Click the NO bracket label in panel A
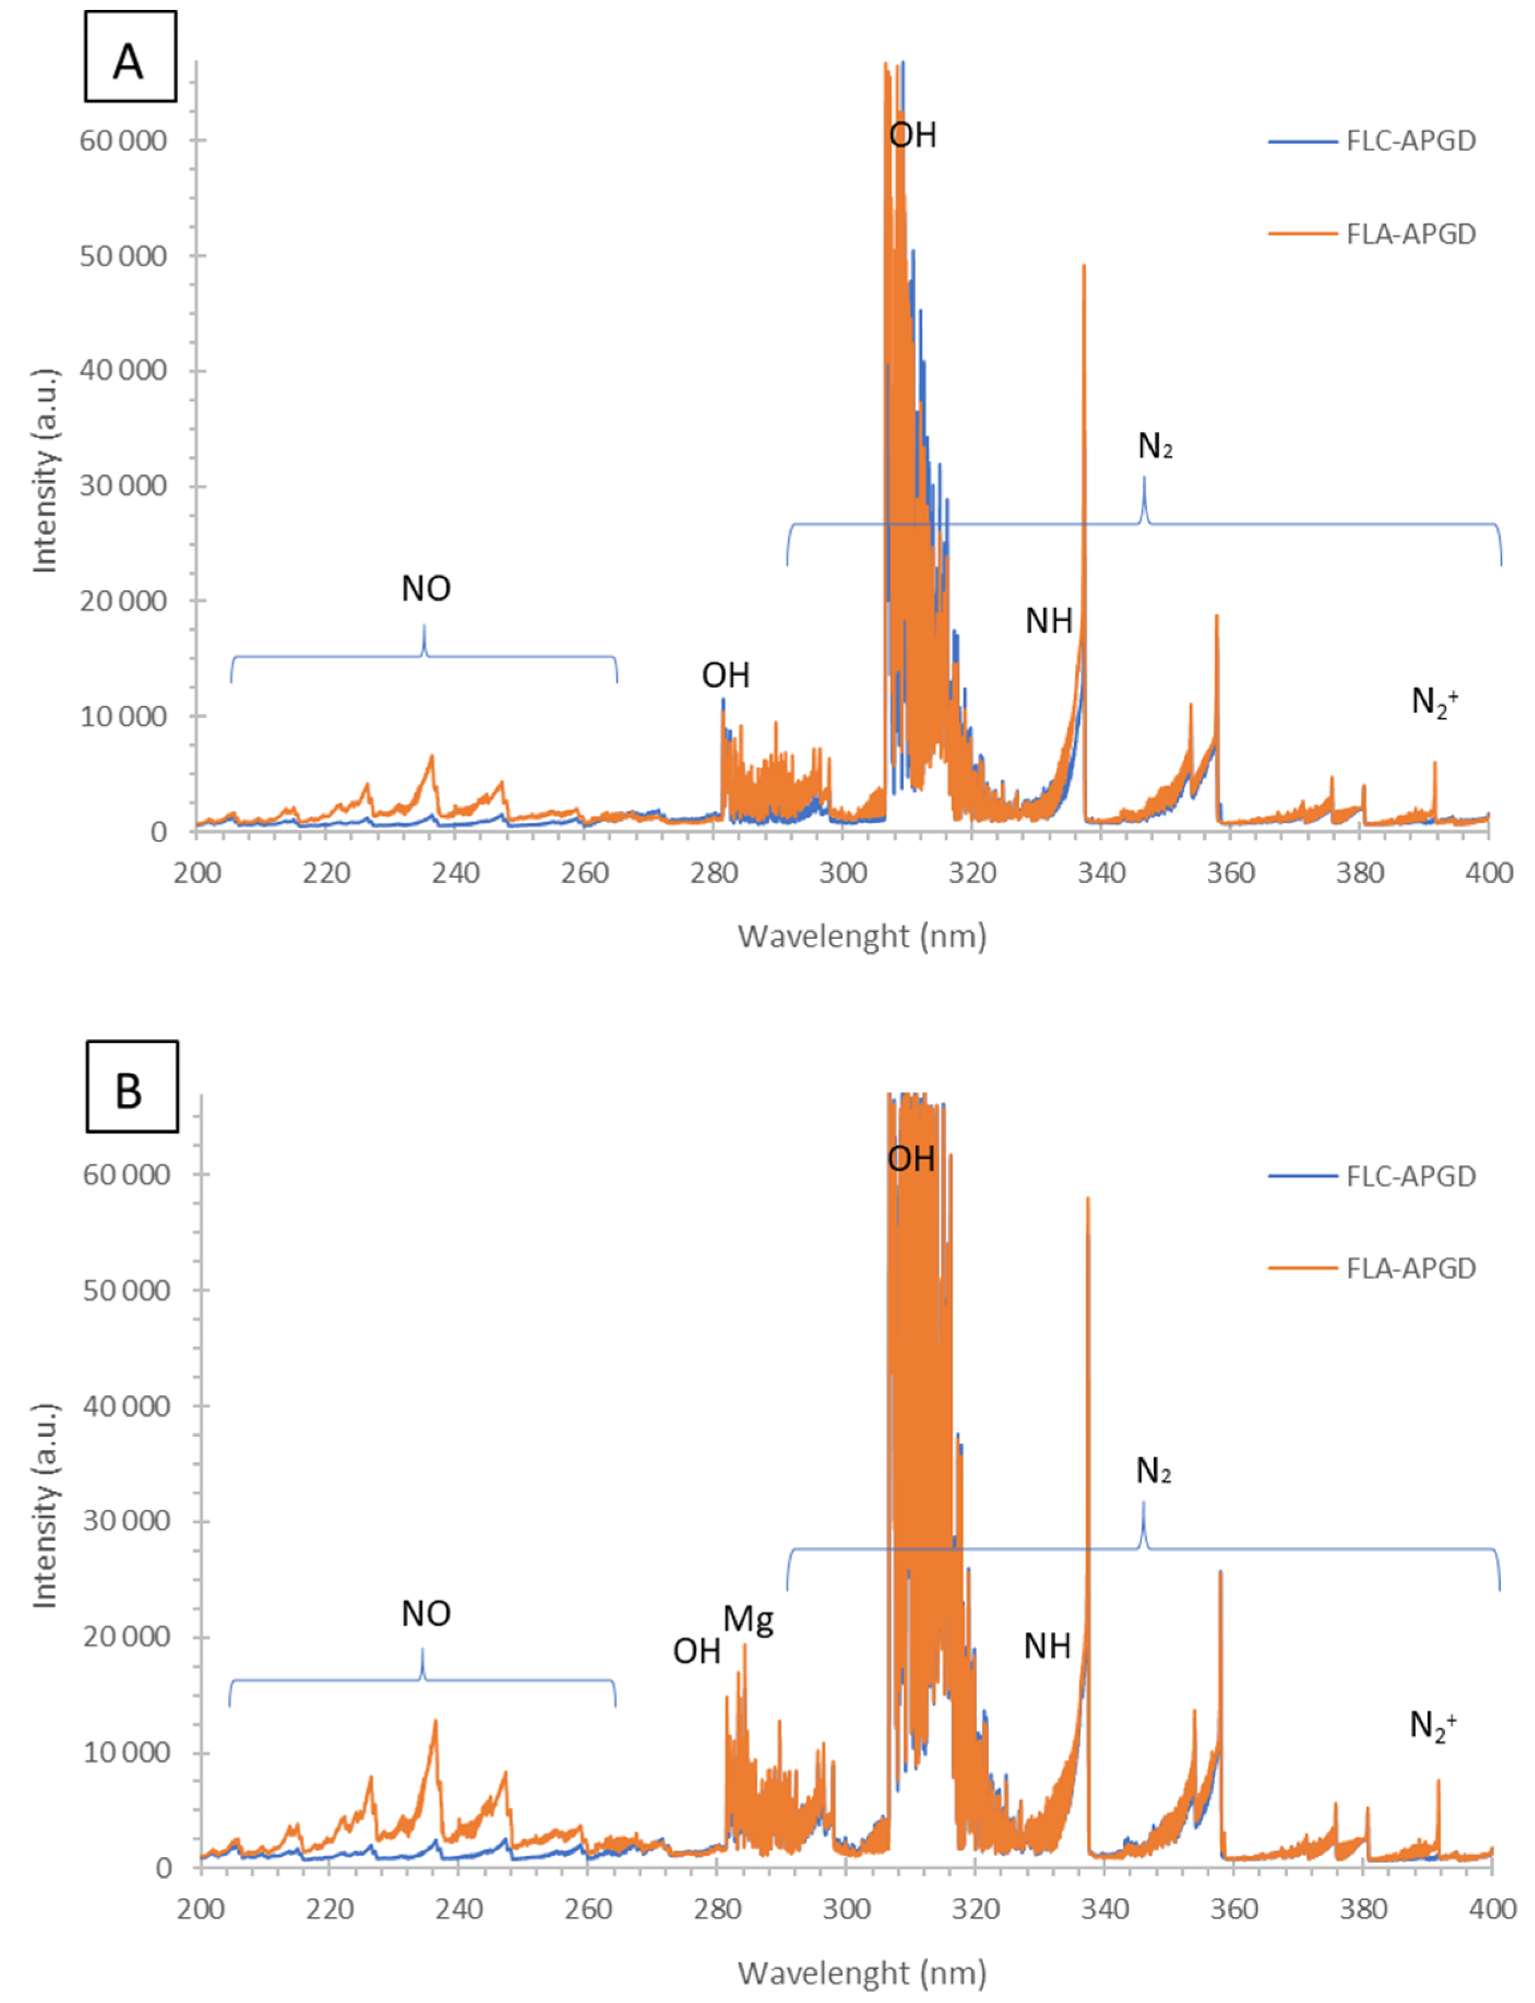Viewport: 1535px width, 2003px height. pyautogui.click(x=426, y=588)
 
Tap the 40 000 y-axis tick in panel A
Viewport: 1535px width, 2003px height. pyautogui.click(x=123, y=371)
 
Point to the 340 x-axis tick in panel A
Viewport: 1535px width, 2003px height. pyautogui.click(x=1101, y=873)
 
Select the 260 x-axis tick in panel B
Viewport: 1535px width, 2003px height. pyautogui.click(x=587, y=1909)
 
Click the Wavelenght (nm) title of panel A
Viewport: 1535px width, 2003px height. pyautogui.click(x=862, y=936)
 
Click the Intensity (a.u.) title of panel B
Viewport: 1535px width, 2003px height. pyautogui.click(x=44, y=1505)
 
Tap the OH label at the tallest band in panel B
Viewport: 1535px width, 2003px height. pyautogui.click(x=911, y=1159)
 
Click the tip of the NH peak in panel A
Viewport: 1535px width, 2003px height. pyautogui.click(x=1084, y=266)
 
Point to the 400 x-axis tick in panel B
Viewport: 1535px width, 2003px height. pyautogui.click(x=1492, y=1909)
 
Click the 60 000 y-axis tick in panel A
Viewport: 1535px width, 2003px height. pyautogui.click(x=123, y=140)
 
